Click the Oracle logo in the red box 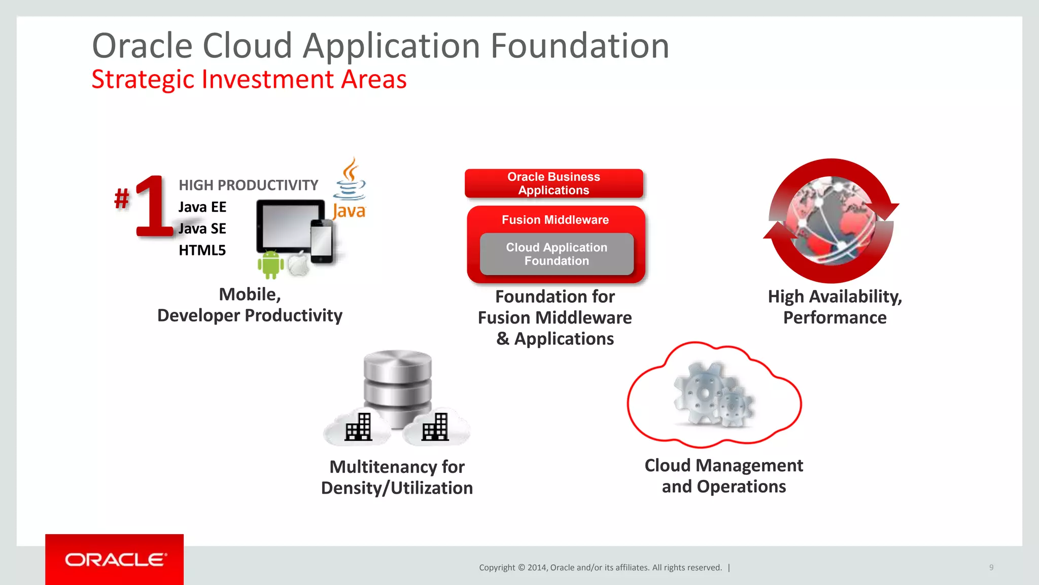pos(115,560)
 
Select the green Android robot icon pos(270,265)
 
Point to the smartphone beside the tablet pos(322,241)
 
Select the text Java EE pos(202,207)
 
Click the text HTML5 pos(202,250)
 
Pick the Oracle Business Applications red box pos(553,183)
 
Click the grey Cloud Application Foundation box pos(557,254)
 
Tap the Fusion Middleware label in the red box pos(555,220)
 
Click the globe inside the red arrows pos(830,221)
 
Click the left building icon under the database pos(359,427)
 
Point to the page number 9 pos(991,567)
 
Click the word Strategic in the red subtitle pos(143,80)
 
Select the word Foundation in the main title pos(579,46)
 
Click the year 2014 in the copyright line pos(536,568)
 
